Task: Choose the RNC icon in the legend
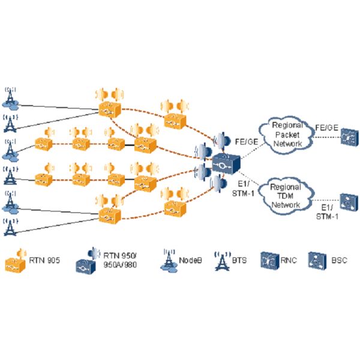(x=267, y=261)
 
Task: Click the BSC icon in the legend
(x=316, y=261)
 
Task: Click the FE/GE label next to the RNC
(x=326, y=127)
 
